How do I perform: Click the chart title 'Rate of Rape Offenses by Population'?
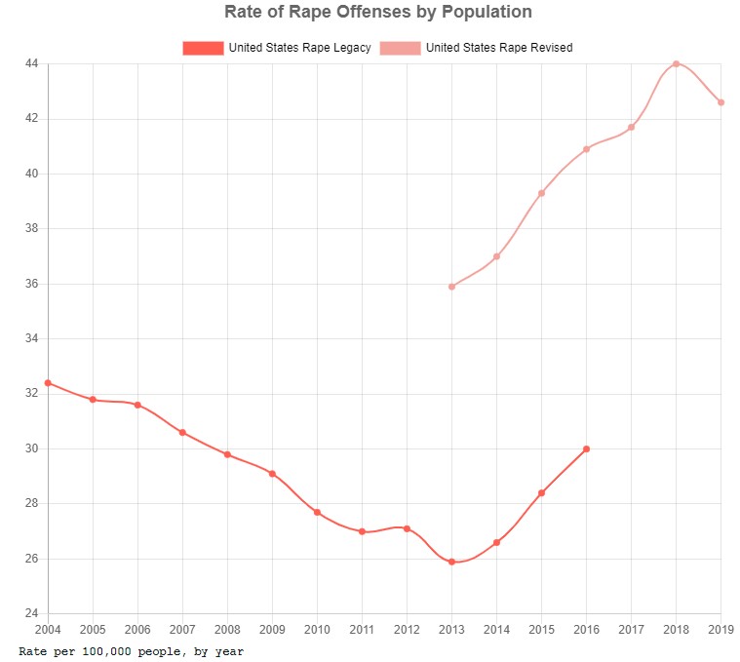pos(378,13)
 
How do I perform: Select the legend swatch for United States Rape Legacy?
pos(203,48)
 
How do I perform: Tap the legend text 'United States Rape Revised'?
pos(499,48)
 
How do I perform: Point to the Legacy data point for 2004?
pos(48,383)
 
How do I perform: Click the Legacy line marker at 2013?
pos(451,562)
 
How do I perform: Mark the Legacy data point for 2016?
pos(586,449)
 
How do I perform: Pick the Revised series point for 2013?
pos(451,287)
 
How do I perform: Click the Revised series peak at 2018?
pos(676,63)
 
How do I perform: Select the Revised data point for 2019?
pos(721,102)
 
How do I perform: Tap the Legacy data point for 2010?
pos(317,512)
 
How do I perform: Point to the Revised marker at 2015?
pos(541,193)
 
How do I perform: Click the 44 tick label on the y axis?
pos(30,63)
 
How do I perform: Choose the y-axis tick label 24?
pos(30,614)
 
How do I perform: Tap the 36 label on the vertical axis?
pos(30,284)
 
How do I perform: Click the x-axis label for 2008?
pos(227,630)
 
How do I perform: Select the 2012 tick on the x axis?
pos(407,630)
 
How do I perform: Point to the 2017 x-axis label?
pos(631,630)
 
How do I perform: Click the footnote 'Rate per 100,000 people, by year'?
pos(132,650)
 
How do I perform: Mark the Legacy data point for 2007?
pos(182,432)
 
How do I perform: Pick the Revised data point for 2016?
pos(586,149)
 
